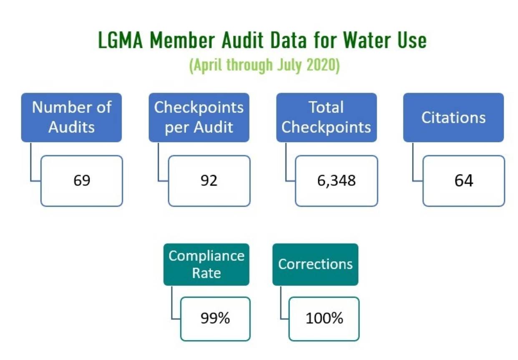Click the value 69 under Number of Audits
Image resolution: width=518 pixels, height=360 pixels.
(x=82, y=180)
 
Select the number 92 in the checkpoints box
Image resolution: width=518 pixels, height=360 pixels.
(x=209, y=180)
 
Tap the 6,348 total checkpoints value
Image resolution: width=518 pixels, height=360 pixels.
(x=337, y=180)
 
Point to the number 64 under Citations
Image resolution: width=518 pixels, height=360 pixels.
(x=464, y=180)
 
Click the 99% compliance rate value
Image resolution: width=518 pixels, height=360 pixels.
(x=215, y=318)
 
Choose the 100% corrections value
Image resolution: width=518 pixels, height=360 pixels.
(x=324, y=318)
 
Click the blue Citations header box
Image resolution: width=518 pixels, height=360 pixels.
(x=453, y=117)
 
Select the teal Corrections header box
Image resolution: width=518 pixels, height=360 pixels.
(x=315, y=264)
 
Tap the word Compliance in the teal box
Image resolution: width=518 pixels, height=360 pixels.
(x=206, y=255)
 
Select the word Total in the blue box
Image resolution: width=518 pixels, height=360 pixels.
(x=326, y=107)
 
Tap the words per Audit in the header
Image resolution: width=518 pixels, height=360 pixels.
(x=199, y=127)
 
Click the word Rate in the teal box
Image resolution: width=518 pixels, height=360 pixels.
(x=206, y=273)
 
